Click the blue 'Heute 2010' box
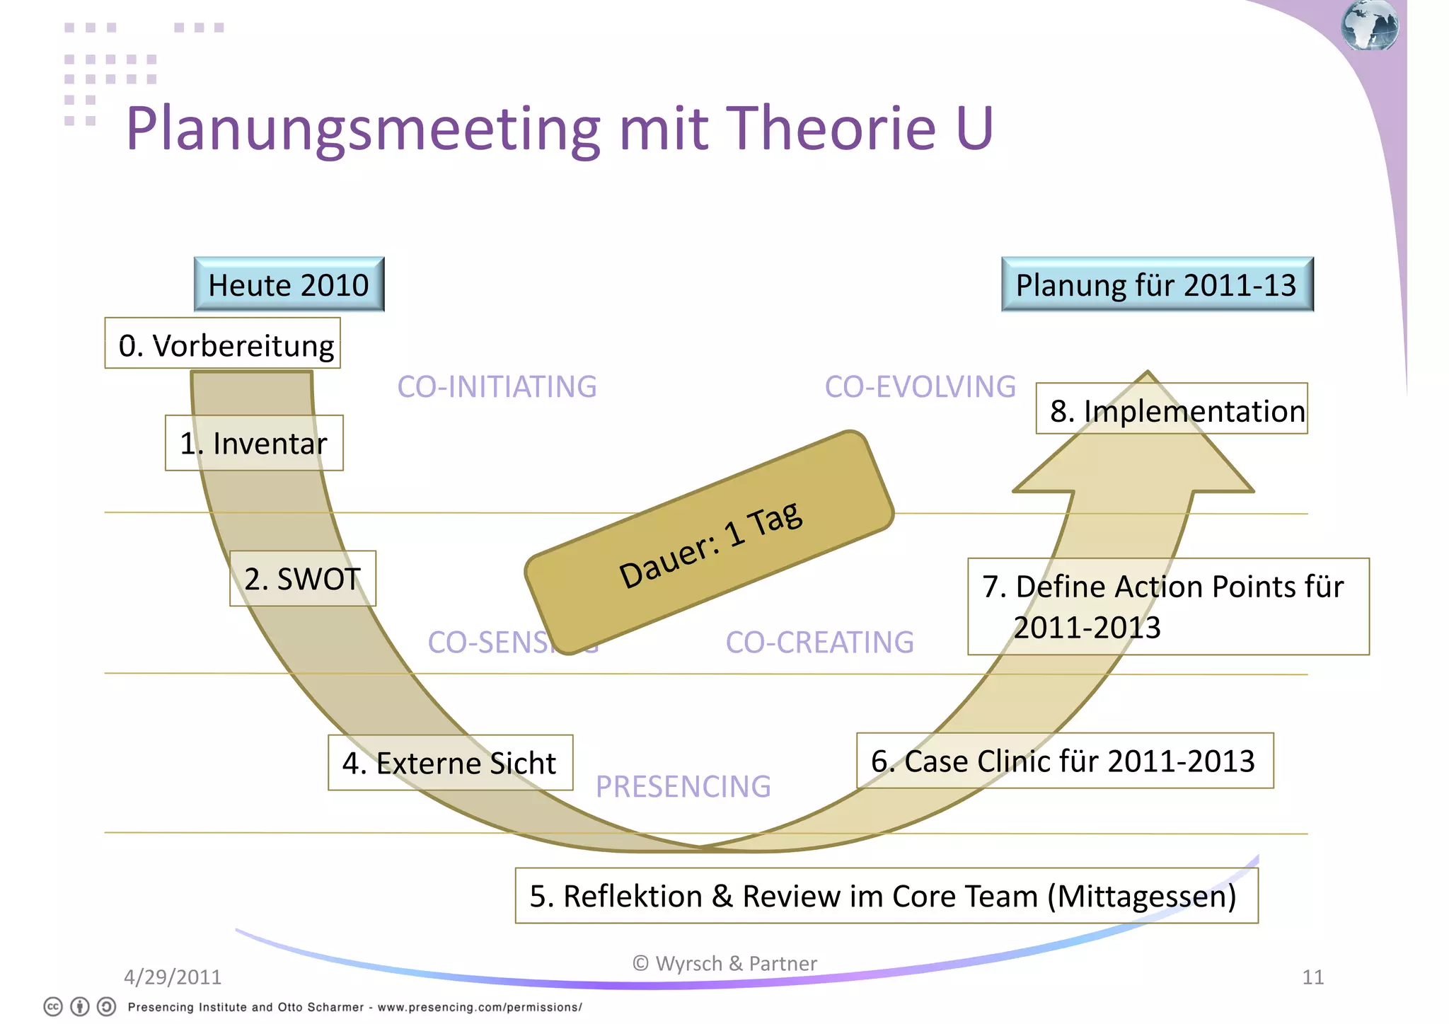coord(289,284)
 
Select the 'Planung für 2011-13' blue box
coord(1157,284)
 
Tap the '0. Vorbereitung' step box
coord(223,344)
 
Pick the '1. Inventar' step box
coord(254,443)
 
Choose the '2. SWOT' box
coord(303,578)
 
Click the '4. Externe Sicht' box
coord(450,762)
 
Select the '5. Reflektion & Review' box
coord(886,896)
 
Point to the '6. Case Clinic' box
coord(1064,761)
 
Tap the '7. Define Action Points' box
coord(1167,606)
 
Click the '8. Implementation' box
coord(1172,409)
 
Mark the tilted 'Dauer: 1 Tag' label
coord(710,543)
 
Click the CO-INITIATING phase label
coord(497,387)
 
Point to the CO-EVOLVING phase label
coord(920,387)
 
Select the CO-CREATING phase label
coord(819,643)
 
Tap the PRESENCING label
coord(683,786)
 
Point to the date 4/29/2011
coord(173,977)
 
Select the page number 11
coord(1312,977)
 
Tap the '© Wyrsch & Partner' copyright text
coord(724,963)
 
